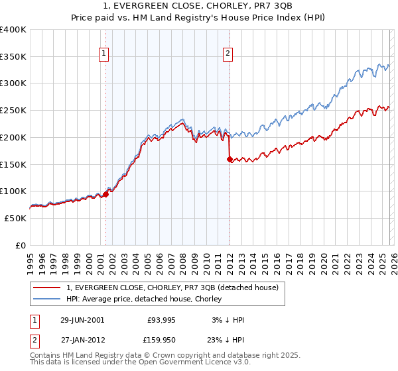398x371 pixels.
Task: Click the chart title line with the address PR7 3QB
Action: click(198, 6)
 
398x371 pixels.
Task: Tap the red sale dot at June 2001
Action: click(105, 194)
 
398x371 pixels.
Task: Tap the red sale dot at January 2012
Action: click(230, 159)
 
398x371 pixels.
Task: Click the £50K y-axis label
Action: click(15, 218)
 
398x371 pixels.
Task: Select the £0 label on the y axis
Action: click(21, 245)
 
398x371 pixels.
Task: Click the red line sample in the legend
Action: click(47, 288)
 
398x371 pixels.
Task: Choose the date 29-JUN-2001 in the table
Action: click(82, 320)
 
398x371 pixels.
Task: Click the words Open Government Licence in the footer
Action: click(198, 364)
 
